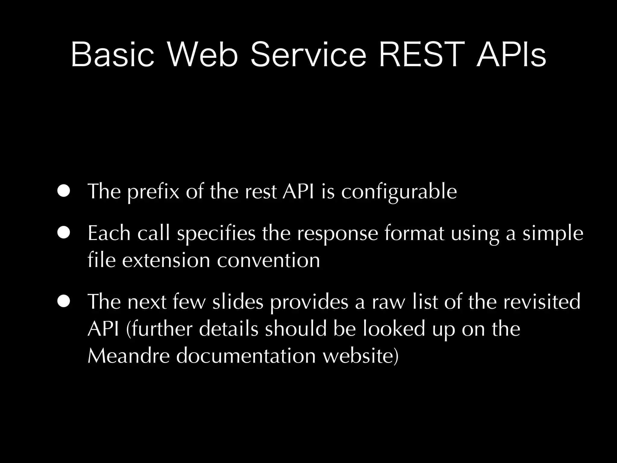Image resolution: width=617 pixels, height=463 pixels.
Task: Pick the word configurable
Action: (399, 192)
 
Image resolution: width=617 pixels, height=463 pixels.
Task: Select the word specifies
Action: (216, 234)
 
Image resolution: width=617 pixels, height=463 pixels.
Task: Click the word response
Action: (337, 234)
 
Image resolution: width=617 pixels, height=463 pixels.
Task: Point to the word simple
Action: (553, 234)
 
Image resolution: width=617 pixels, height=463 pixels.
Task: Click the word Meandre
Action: (129, 356)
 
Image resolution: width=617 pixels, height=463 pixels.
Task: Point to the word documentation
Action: (246, 356)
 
